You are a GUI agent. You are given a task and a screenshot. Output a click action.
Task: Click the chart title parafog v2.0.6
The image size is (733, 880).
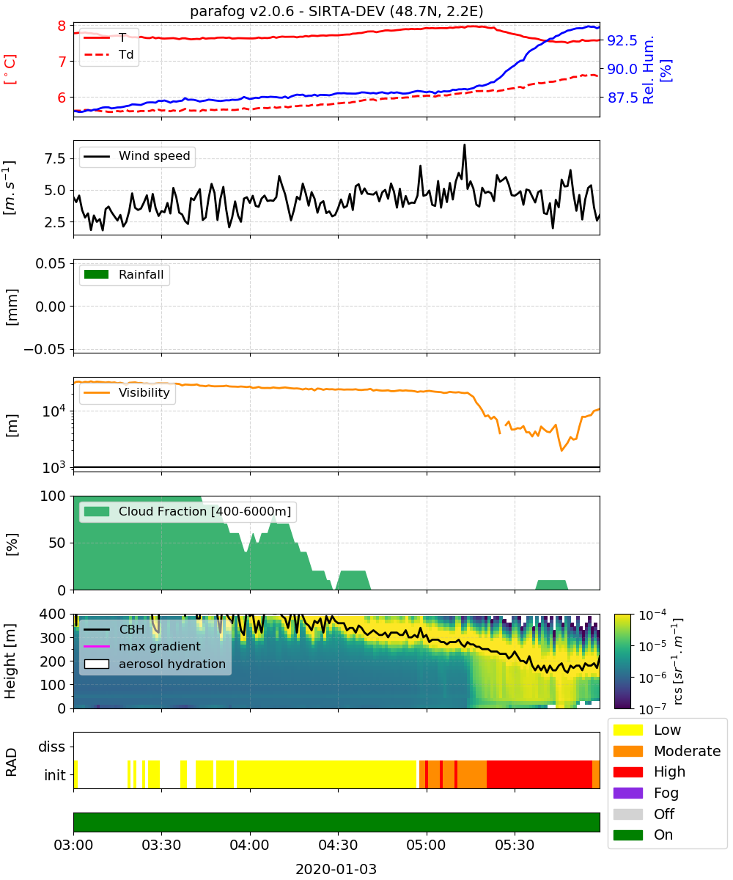(241, 11)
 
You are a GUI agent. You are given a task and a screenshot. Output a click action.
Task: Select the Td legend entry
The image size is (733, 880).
(108, 54)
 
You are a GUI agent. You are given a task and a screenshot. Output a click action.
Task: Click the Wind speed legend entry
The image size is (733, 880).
(137, 156)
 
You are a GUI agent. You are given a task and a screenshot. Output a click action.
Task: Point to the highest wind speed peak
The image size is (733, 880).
(464, 145)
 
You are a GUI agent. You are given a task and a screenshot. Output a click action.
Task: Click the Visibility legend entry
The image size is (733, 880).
(126, 392)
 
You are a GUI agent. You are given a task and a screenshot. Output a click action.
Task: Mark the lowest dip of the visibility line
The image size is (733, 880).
(561, 450)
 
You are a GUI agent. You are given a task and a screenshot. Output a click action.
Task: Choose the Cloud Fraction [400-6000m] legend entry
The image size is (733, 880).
(188, 511)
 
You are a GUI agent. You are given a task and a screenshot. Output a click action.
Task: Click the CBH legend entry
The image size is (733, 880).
(114, 629)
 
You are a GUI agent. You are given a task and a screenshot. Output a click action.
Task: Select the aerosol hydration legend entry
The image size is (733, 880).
(155, 664)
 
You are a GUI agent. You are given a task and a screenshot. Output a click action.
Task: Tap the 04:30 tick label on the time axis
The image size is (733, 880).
(338, 845)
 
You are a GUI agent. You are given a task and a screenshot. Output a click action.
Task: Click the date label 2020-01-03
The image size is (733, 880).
(336, 869)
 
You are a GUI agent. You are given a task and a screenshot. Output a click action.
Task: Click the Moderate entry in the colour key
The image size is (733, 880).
(667, 751)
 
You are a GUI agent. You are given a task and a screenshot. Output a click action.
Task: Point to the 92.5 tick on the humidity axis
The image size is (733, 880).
(622, 40)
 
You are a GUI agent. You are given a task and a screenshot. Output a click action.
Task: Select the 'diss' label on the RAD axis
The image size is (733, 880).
(51, 747)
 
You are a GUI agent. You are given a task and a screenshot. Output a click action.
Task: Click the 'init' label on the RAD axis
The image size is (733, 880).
(55, 775)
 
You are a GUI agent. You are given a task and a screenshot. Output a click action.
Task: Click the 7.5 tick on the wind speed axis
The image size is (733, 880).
(55, 158)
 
